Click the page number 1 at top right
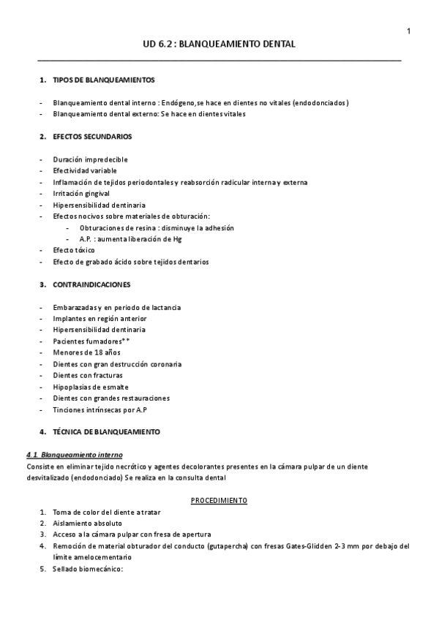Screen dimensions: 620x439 [x=408, y=30]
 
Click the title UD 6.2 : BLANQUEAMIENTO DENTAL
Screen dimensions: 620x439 [x=219, y=44]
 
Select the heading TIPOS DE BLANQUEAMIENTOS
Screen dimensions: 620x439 [x=103, y=79]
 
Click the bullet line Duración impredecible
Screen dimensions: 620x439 [x=90, y=159]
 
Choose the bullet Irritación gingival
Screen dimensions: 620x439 [x=81, y=193]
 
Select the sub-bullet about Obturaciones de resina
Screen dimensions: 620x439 [x=157, y=227]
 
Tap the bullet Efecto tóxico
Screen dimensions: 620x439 [x=74, y=250]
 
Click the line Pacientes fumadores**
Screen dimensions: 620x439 [x=91, y=341]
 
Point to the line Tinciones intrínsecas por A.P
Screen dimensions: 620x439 [x=100, y=409]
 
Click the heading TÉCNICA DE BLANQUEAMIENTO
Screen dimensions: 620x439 [x=106, y=431]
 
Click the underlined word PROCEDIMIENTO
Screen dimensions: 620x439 [x=219, y=500]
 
